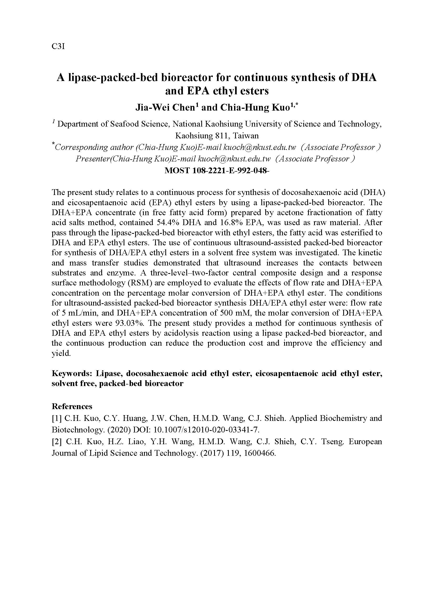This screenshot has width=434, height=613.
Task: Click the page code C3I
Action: coord(58,46)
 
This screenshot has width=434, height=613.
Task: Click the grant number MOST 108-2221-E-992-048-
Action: coord(217,170)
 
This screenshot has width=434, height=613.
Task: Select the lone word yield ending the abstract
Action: coord(61,353)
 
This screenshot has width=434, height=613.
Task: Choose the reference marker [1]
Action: coord(56,418)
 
